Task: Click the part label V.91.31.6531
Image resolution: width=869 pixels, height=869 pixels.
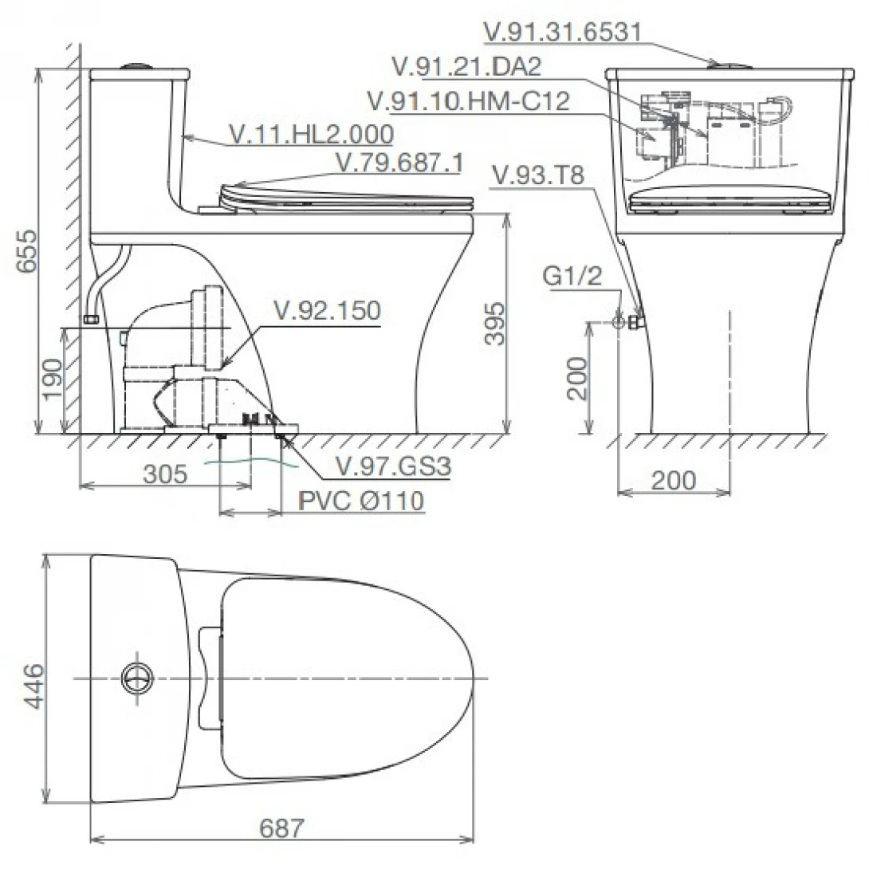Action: coord(563,32)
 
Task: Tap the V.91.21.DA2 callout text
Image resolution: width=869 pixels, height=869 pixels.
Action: coord(466,66)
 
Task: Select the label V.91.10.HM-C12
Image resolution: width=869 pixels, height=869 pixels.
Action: coord(469,101)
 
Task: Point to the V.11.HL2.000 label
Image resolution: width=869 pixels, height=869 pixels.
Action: coord(312,134)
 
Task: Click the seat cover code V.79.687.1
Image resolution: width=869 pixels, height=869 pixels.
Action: coord(399,163)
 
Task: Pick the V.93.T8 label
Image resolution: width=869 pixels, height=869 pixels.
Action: coord(538,175)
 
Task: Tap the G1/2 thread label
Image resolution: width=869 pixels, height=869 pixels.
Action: coord(572,275)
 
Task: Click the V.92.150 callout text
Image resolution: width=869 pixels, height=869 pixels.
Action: coord(328,311)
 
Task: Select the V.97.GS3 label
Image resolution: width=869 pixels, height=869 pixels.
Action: coord(394,466)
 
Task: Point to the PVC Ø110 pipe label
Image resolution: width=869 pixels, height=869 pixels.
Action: coord(361,501)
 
